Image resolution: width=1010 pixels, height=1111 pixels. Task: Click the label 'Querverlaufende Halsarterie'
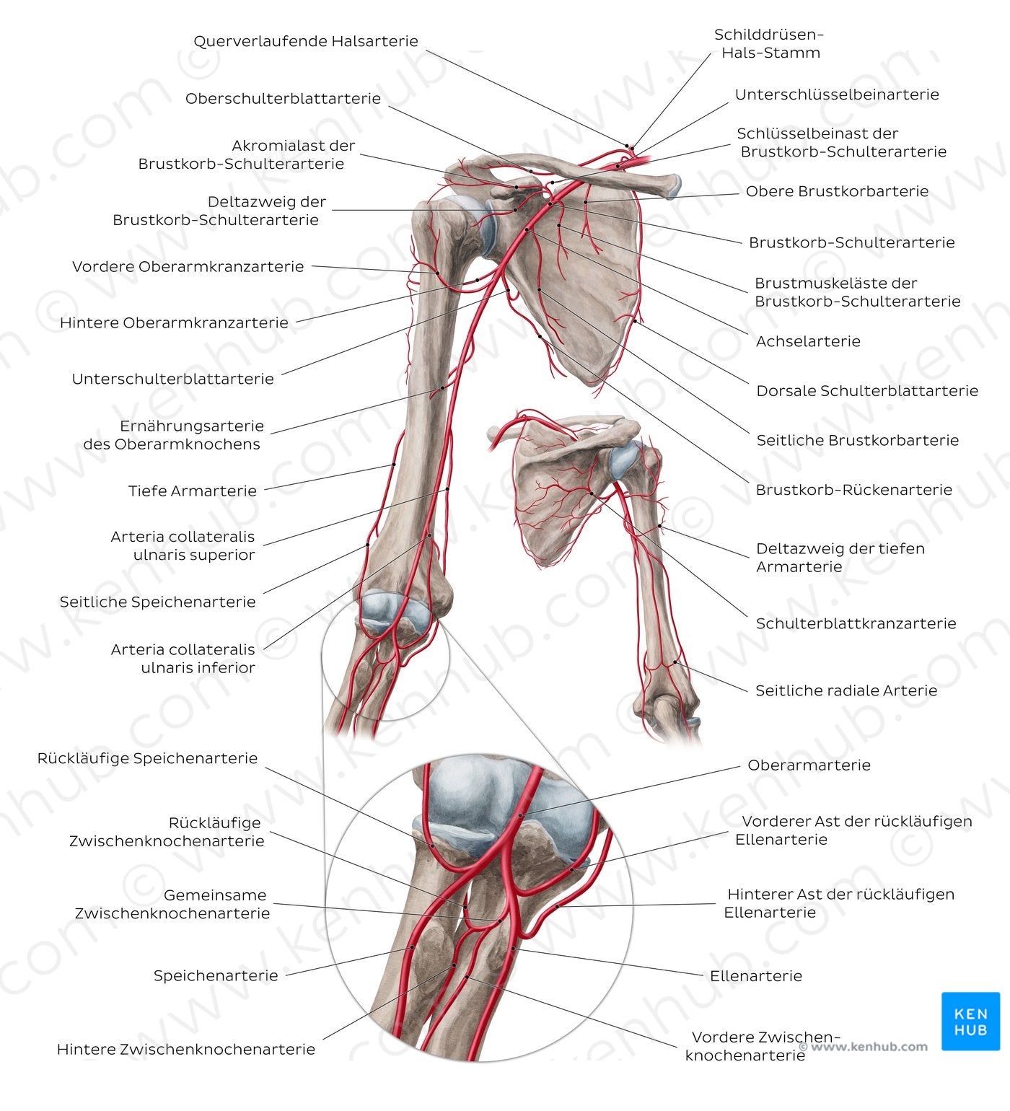click(305, 41)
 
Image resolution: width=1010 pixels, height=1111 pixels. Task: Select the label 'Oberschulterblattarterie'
click(283, 98)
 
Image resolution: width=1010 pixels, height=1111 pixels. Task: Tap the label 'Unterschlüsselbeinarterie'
click(836, 95)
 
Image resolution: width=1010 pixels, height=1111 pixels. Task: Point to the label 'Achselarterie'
click(807, 341)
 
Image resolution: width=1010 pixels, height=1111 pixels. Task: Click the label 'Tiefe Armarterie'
click(192, 491)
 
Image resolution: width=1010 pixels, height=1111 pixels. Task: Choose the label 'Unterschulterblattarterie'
click(172, 379)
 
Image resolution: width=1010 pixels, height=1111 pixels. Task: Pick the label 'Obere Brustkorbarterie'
click(836, 191)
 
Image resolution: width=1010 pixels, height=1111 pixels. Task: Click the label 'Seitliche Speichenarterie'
click(157, 602)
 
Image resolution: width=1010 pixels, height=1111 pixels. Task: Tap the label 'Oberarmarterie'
click(809, 765)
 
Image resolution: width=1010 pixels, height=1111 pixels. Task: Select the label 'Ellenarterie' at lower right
click(755, 976)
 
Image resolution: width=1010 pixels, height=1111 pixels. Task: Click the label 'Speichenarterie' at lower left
click(215, 975)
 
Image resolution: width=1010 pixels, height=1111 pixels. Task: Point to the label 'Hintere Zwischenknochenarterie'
click(186, 1049)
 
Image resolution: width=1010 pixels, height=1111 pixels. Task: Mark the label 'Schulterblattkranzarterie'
click(856, 623)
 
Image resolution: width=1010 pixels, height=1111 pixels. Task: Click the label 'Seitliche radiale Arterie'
click(846, 690)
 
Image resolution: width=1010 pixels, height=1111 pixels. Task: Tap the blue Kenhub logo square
click(970, 1022)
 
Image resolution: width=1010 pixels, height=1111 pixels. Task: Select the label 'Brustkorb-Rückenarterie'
click(853, 490)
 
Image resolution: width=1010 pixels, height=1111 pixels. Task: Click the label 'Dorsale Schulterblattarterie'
click(866, 391)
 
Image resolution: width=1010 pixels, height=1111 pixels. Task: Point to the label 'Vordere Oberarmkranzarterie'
click(188, 267)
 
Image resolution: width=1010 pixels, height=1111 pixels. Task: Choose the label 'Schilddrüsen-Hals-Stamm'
click(770, 43)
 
